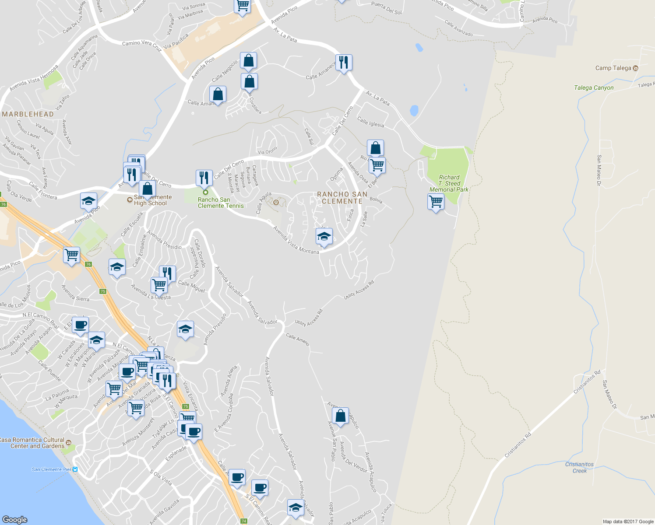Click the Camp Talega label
tap(613, 68)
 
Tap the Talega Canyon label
tap(594, 87)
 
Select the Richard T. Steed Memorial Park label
tap(449, 184)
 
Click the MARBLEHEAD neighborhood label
tap(28, 114)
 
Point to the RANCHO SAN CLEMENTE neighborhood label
tap(342, 198)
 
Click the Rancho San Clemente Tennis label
tap(220, 203)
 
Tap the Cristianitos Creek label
tap(579, 467)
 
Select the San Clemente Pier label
tap(52, 469)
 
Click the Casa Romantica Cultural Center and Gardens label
tap(32, 443)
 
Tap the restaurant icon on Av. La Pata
tap(344, 63)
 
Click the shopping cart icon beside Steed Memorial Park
tap(436, 202)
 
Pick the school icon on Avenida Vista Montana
tap(324, 237)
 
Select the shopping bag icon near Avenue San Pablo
tap(340, 416)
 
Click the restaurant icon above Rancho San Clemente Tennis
tap(204, 178)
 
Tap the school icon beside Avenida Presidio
tap(185, 329)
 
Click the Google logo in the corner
tap(14, 519)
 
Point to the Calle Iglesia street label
tap(370, 122)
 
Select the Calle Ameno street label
tap(297, 339)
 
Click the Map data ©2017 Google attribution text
tap(628, 521)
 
